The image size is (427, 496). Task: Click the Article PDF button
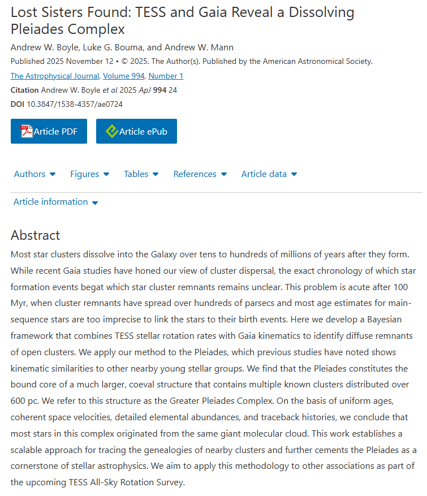pos(49,131)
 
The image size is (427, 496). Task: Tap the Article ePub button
pos(136,131)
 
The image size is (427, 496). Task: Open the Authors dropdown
pos(34,174)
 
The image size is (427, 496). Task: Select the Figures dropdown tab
pos(89,174)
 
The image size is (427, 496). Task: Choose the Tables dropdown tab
pos(141,174)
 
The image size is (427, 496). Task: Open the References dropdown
pos(200,174)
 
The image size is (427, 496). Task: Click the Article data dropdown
pos(269,174)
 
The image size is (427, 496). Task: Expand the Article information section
pos(55,202)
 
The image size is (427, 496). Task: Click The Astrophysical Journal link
pos(55,76)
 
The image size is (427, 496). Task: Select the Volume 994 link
pos(124,76)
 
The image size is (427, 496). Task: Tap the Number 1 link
pos(166,76)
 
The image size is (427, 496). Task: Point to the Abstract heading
pos(35,235)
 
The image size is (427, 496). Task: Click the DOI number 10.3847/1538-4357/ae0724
pos(75,104)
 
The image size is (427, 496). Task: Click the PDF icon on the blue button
pos(27,131)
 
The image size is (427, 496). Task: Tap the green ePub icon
pos(112,131)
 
